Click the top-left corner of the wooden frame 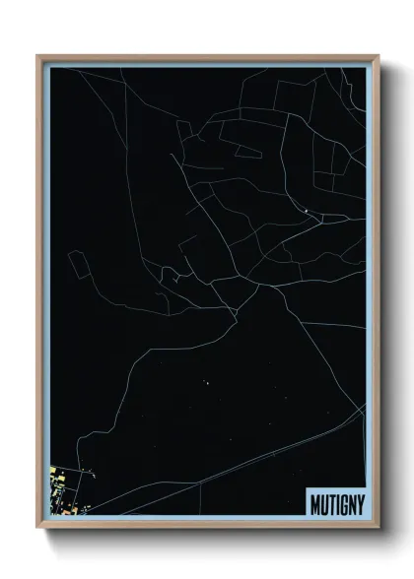37,55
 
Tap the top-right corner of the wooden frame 379,55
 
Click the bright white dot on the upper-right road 307,212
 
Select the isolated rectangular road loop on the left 77,264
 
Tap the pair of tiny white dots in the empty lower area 208,380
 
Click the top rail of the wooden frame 207,57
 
